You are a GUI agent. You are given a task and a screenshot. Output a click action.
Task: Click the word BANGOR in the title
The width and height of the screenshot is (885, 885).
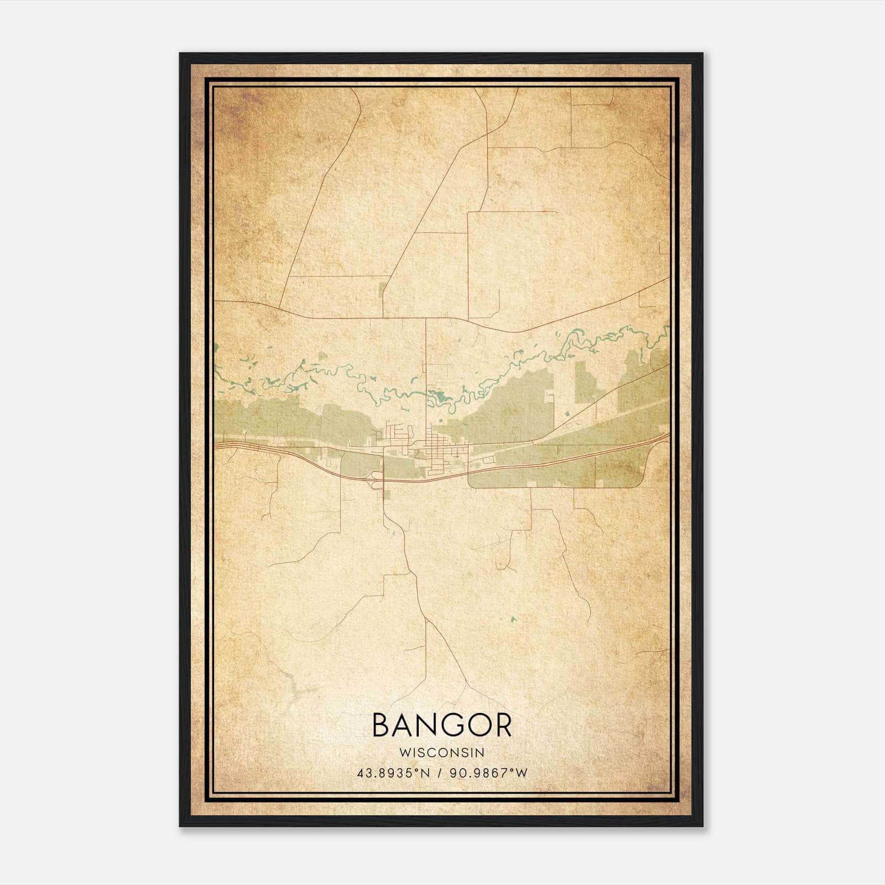442,725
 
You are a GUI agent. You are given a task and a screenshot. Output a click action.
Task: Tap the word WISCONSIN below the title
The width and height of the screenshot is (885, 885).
442,753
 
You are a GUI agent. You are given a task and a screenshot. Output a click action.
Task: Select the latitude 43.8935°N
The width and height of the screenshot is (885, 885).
393,773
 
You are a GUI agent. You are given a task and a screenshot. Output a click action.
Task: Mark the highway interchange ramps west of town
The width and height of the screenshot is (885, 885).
378,480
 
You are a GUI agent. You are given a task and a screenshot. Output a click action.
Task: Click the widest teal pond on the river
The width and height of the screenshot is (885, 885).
440,396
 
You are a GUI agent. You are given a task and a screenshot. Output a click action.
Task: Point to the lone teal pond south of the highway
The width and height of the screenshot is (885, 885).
514,619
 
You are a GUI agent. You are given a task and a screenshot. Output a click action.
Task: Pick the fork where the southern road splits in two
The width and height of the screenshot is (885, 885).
426,619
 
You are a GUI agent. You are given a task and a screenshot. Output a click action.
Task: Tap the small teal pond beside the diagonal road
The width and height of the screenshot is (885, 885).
567,413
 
